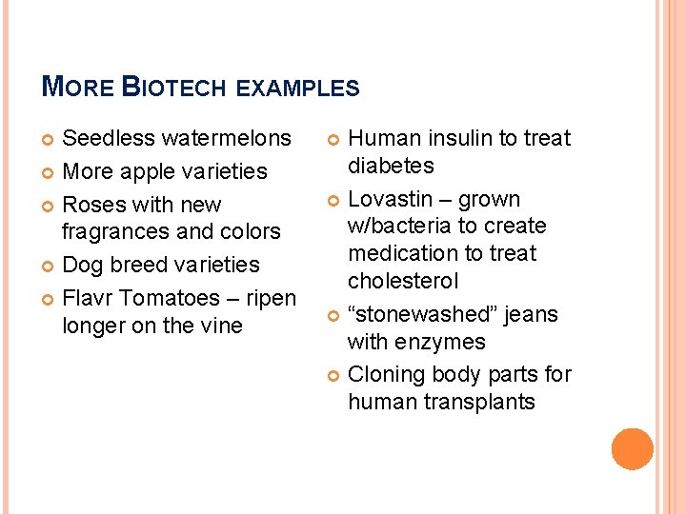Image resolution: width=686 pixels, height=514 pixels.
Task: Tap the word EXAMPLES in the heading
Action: tap(297, 89)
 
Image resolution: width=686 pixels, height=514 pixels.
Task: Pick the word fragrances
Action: tap(119, 231)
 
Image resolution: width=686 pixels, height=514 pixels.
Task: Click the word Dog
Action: tap(81, 265)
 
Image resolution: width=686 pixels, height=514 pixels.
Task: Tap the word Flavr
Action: tap(89, 298)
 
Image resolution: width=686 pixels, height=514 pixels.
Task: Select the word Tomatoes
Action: tap(176, 298)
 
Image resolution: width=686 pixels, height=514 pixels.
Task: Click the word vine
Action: tap(220, 326)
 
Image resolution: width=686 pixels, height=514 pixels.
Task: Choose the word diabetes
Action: tap(391, 166)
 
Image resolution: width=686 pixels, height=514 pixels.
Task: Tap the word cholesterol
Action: tap(403, 281)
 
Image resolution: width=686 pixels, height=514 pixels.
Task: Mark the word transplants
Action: tap(480, 402)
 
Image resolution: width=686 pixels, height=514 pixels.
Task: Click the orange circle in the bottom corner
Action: tap(633, 449)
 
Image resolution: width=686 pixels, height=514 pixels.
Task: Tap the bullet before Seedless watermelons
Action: tap(48, 139)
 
